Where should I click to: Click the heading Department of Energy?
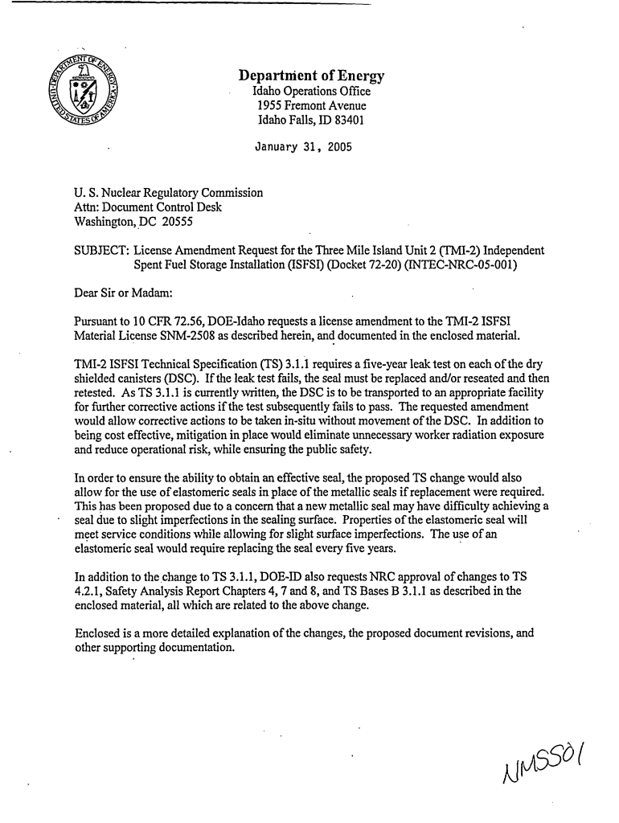coord(312,77)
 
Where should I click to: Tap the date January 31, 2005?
coord(302,148)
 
